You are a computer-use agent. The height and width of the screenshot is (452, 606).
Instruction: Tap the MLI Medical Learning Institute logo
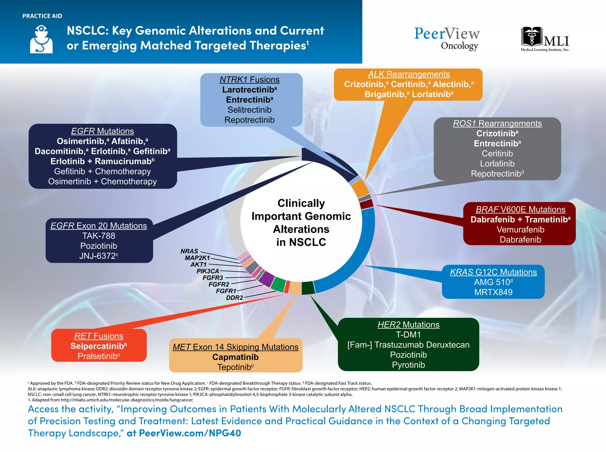click(545, 39)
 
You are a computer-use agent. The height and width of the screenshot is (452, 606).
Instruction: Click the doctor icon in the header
click(41, 39)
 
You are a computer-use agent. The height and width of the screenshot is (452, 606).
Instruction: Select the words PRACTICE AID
click(42, 16)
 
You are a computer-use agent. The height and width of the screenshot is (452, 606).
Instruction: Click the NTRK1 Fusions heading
click(249, 80)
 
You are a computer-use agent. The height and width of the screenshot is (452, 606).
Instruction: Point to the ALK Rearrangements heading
click(409, 74)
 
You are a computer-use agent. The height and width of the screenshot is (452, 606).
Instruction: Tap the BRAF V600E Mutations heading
click(520, 209)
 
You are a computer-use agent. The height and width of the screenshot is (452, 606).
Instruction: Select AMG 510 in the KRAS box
click(491, 282)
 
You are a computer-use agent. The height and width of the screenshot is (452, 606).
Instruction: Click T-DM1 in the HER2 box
click(408, 335)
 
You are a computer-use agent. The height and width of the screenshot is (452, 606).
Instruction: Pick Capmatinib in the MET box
click(236, 357)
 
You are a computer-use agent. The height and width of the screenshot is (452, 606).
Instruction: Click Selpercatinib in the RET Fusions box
click(97, 346)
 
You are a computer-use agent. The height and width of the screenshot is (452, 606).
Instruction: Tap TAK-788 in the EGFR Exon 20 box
click(99, 236)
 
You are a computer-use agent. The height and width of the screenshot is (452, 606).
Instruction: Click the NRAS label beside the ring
click(189, 251)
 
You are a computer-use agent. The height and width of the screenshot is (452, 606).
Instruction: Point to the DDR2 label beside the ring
click(234, 297)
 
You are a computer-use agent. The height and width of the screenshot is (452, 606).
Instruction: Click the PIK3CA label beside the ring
click(208, 271)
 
